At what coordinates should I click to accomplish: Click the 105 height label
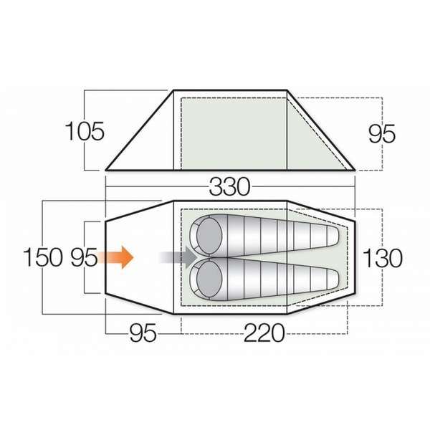point(85,131)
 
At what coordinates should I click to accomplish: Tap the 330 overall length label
point(230,187)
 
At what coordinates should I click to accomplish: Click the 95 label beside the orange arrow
point(82,257)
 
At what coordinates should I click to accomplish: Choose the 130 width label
point(383,257)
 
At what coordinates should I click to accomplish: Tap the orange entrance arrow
point(118,257)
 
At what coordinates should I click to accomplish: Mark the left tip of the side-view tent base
point(106,171)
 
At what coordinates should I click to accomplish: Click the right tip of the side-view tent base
point(355,171)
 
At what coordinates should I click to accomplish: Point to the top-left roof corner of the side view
point(173,90)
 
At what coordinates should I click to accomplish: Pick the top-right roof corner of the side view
point(290,90)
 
